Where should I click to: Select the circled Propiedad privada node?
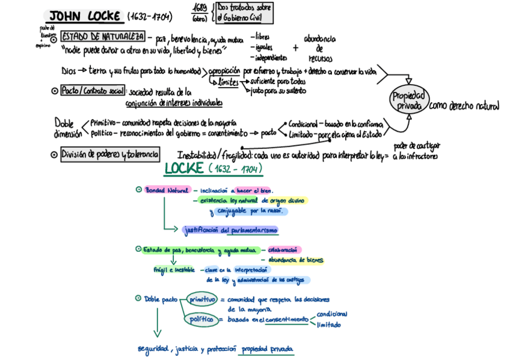click(410, 101)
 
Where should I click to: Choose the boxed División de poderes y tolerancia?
click(110, 154)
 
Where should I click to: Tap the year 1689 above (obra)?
click(199, 7)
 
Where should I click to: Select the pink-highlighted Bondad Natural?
click(167, 190)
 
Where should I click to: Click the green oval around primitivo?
click(202, 299)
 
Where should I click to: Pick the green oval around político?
click(201, 319)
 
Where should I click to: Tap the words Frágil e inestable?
click(174, 270)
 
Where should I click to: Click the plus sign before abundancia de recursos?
click(295, 48)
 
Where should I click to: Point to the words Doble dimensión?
click(67, 127)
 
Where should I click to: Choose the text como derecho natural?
click(464, 106)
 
